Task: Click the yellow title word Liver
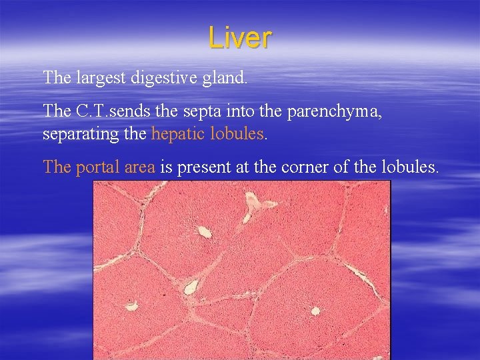[239, 37]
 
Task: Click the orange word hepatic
[179, 134]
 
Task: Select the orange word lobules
[238, 133]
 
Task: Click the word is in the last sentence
[165, 167]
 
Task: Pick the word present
[201, 167]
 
